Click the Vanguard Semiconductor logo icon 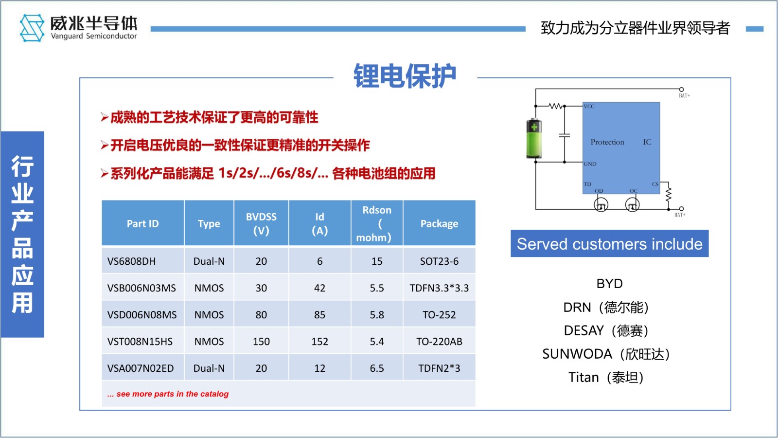32,28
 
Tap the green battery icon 534,138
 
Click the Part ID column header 142,223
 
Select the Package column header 439,223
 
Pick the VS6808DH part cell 131,261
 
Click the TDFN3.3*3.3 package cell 439,288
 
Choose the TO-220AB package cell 439,341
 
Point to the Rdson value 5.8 377,314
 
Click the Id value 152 319,341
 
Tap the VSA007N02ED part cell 141,368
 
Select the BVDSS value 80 261,314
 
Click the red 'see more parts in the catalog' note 168,394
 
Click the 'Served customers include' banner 610,244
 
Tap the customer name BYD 610,284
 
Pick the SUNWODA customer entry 606,354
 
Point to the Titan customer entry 606,378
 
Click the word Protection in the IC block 607,142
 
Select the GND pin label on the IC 590,164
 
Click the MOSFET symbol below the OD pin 601,205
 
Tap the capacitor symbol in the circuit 565,135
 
